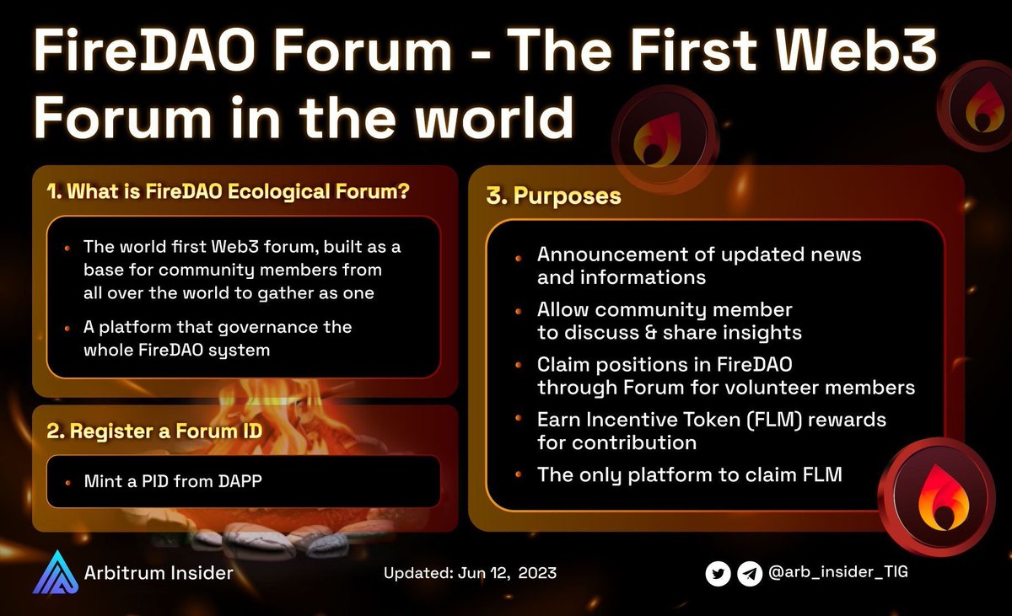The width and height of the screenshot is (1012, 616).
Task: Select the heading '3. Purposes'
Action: (x=553, y=196)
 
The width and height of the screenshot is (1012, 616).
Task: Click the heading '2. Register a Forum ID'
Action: (x=153, y=431)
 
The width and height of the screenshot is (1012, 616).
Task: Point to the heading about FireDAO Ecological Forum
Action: (x=228, y=191)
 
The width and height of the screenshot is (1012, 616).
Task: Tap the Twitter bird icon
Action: (x=718, y=574)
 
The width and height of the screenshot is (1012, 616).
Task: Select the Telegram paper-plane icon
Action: (x=749, y=574)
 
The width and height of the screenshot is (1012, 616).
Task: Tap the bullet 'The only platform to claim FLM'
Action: (x=689, y=474)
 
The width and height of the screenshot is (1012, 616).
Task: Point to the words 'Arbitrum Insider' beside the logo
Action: (x=159, y=574)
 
